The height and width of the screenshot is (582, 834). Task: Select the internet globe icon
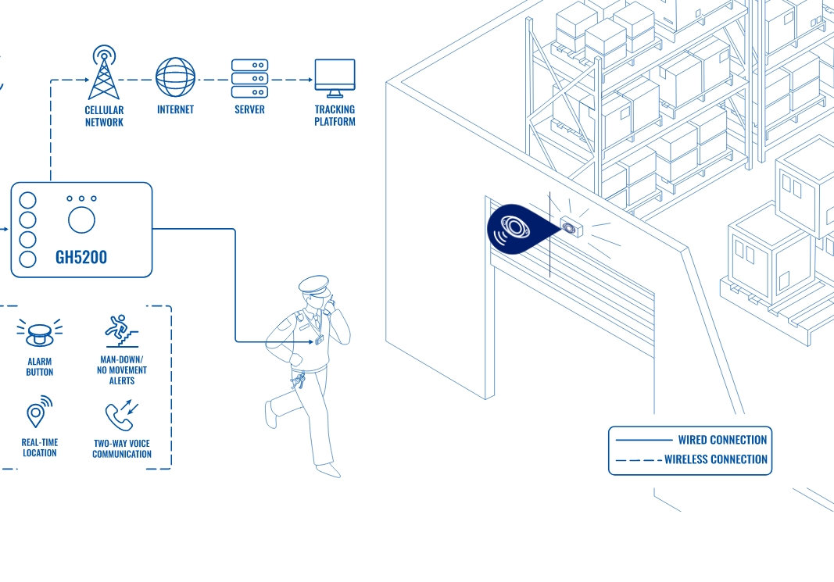point(175,77)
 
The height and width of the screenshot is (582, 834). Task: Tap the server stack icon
point(250,78)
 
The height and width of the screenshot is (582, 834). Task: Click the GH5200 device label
point(81,257)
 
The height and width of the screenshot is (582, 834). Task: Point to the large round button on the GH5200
point(81,221)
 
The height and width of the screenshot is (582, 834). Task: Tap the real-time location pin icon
point(38,412)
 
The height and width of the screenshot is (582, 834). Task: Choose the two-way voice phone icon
point(122,416)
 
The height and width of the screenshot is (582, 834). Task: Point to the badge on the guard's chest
point(319,341)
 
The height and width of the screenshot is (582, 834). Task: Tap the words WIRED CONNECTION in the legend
point(722,441)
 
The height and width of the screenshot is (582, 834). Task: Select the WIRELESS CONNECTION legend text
point(716,459)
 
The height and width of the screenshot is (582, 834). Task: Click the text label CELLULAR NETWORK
point(104,116)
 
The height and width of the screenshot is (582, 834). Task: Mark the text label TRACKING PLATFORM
point(335,116)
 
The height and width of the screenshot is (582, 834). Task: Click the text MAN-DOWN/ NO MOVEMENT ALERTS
point(122,370)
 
